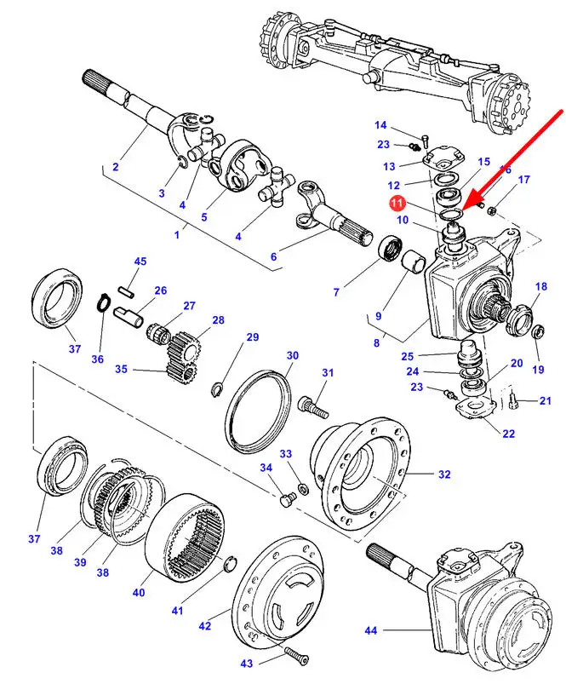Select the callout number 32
(443, 474)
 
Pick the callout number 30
(292, 355)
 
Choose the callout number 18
(541, 286)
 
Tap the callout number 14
(380, 126)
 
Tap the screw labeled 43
(293, 654)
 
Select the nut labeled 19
(537, 331)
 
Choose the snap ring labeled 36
(103, 304)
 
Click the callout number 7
(336, 292)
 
